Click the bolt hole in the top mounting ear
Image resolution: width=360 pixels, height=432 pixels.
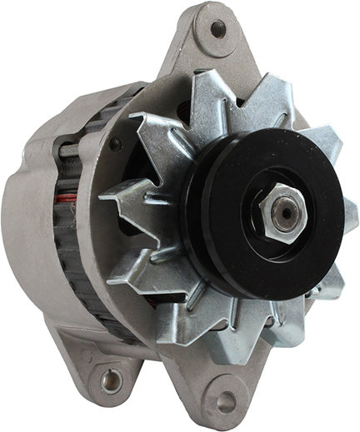tap(218, 29)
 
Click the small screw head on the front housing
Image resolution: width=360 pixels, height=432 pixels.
tap(115, 145)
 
